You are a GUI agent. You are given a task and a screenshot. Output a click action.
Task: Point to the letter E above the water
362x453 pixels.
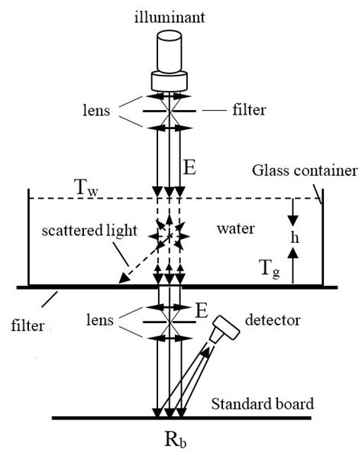click(x=192, y=167)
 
